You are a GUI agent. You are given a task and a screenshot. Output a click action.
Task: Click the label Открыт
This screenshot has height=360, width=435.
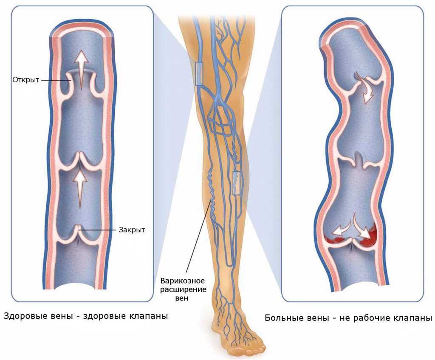[x=26, y=80]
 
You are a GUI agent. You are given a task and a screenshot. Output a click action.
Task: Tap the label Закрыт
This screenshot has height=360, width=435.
[x=132, y=230]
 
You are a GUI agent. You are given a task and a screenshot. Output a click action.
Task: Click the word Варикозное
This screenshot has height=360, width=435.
[x=183, y=281]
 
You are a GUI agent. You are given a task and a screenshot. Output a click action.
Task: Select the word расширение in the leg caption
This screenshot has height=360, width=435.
[x=184, y=289]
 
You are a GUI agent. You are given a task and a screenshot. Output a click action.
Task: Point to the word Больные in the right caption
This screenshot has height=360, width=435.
[x=282, y=317]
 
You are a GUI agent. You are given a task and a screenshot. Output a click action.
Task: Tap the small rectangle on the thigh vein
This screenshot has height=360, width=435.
[x=199, y=74]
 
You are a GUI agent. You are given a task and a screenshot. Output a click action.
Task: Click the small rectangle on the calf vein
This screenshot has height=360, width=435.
[x=236, y=183]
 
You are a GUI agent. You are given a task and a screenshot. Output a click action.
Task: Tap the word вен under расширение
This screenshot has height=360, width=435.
[x=182, y=298]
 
